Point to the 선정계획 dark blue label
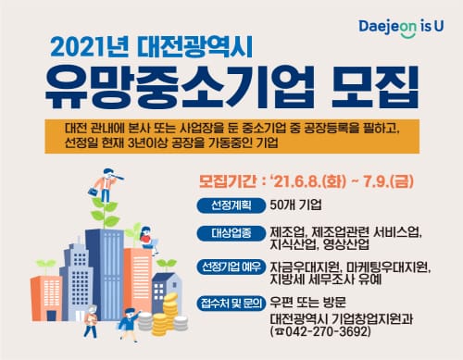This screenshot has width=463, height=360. click(229, 204)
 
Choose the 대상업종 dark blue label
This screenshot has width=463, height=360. click(229, 231)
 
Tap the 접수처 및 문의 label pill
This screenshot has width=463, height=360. click(229, 302)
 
